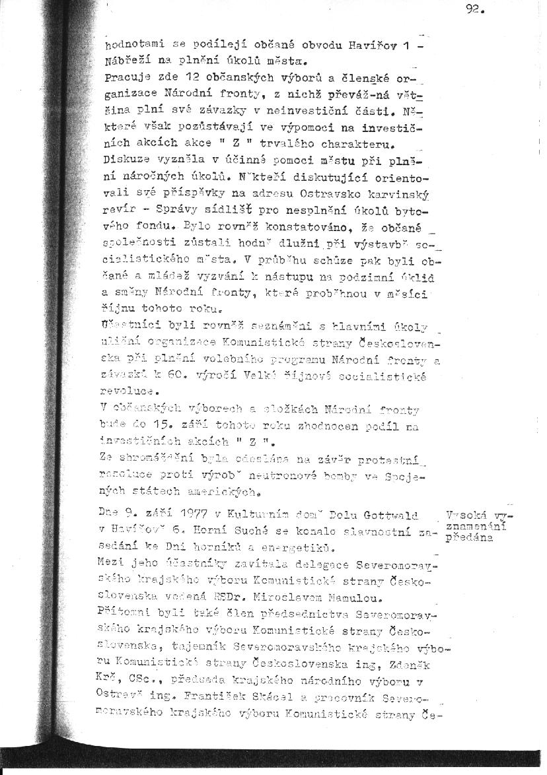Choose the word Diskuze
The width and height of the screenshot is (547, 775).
(x=127, y=158)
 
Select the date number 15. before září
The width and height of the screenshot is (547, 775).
(x=162, y=426)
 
